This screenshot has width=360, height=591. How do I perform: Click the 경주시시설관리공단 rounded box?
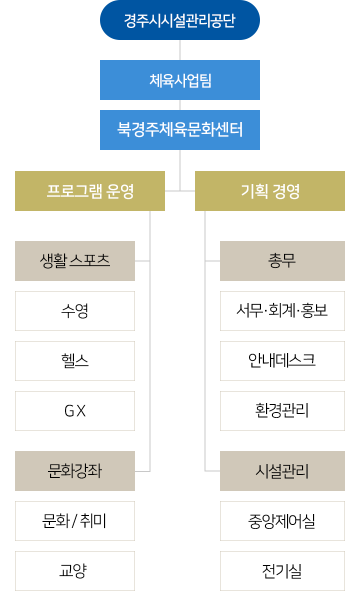(180, 20)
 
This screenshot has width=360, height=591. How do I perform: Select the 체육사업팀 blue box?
(180, 80)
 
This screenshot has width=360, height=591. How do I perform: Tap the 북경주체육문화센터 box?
(180, 130)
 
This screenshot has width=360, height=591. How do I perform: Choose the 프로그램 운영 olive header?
(90, 191)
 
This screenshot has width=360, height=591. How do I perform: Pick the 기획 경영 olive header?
(270, 191)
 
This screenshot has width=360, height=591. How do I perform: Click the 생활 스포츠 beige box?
(75, 261)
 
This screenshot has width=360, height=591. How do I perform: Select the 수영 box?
(75, 311)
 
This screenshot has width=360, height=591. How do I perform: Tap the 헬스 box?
(75, 361)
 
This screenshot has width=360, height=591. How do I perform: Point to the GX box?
(75, 411)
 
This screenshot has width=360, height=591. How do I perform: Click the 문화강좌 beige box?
(75, 471)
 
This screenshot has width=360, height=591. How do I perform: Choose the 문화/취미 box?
(75, 521)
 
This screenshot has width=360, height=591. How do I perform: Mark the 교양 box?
(75, 571)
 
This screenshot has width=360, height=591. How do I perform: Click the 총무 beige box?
(282, 261)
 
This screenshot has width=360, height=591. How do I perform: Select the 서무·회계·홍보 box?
(282, 311)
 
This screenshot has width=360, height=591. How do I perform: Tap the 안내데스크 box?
(282, 361)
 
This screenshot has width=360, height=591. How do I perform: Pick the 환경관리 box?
(282, 411)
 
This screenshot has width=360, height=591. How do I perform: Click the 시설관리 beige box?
(282, 471)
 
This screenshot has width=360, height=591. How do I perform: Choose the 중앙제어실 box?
(282, 521)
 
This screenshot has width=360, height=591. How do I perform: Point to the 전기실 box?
(282, 571)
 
